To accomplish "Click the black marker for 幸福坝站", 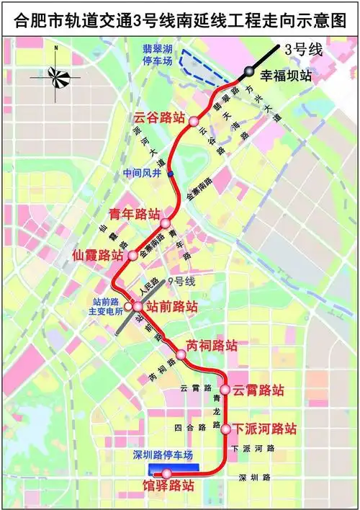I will click(248, 71).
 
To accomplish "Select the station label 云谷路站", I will click(159, 117).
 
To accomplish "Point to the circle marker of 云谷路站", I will click(193, 121).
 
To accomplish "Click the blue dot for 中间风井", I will click(171, 174).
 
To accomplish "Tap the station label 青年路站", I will click(133, 213).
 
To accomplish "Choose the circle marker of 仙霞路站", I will click(132, 255).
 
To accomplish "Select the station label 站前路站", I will click(171, 306).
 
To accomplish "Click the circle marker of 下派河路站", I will click(225, 429).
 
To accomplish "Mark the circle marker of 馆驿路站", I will click(166, 473).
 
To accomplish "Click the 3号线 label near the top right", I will click(301, 50).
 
